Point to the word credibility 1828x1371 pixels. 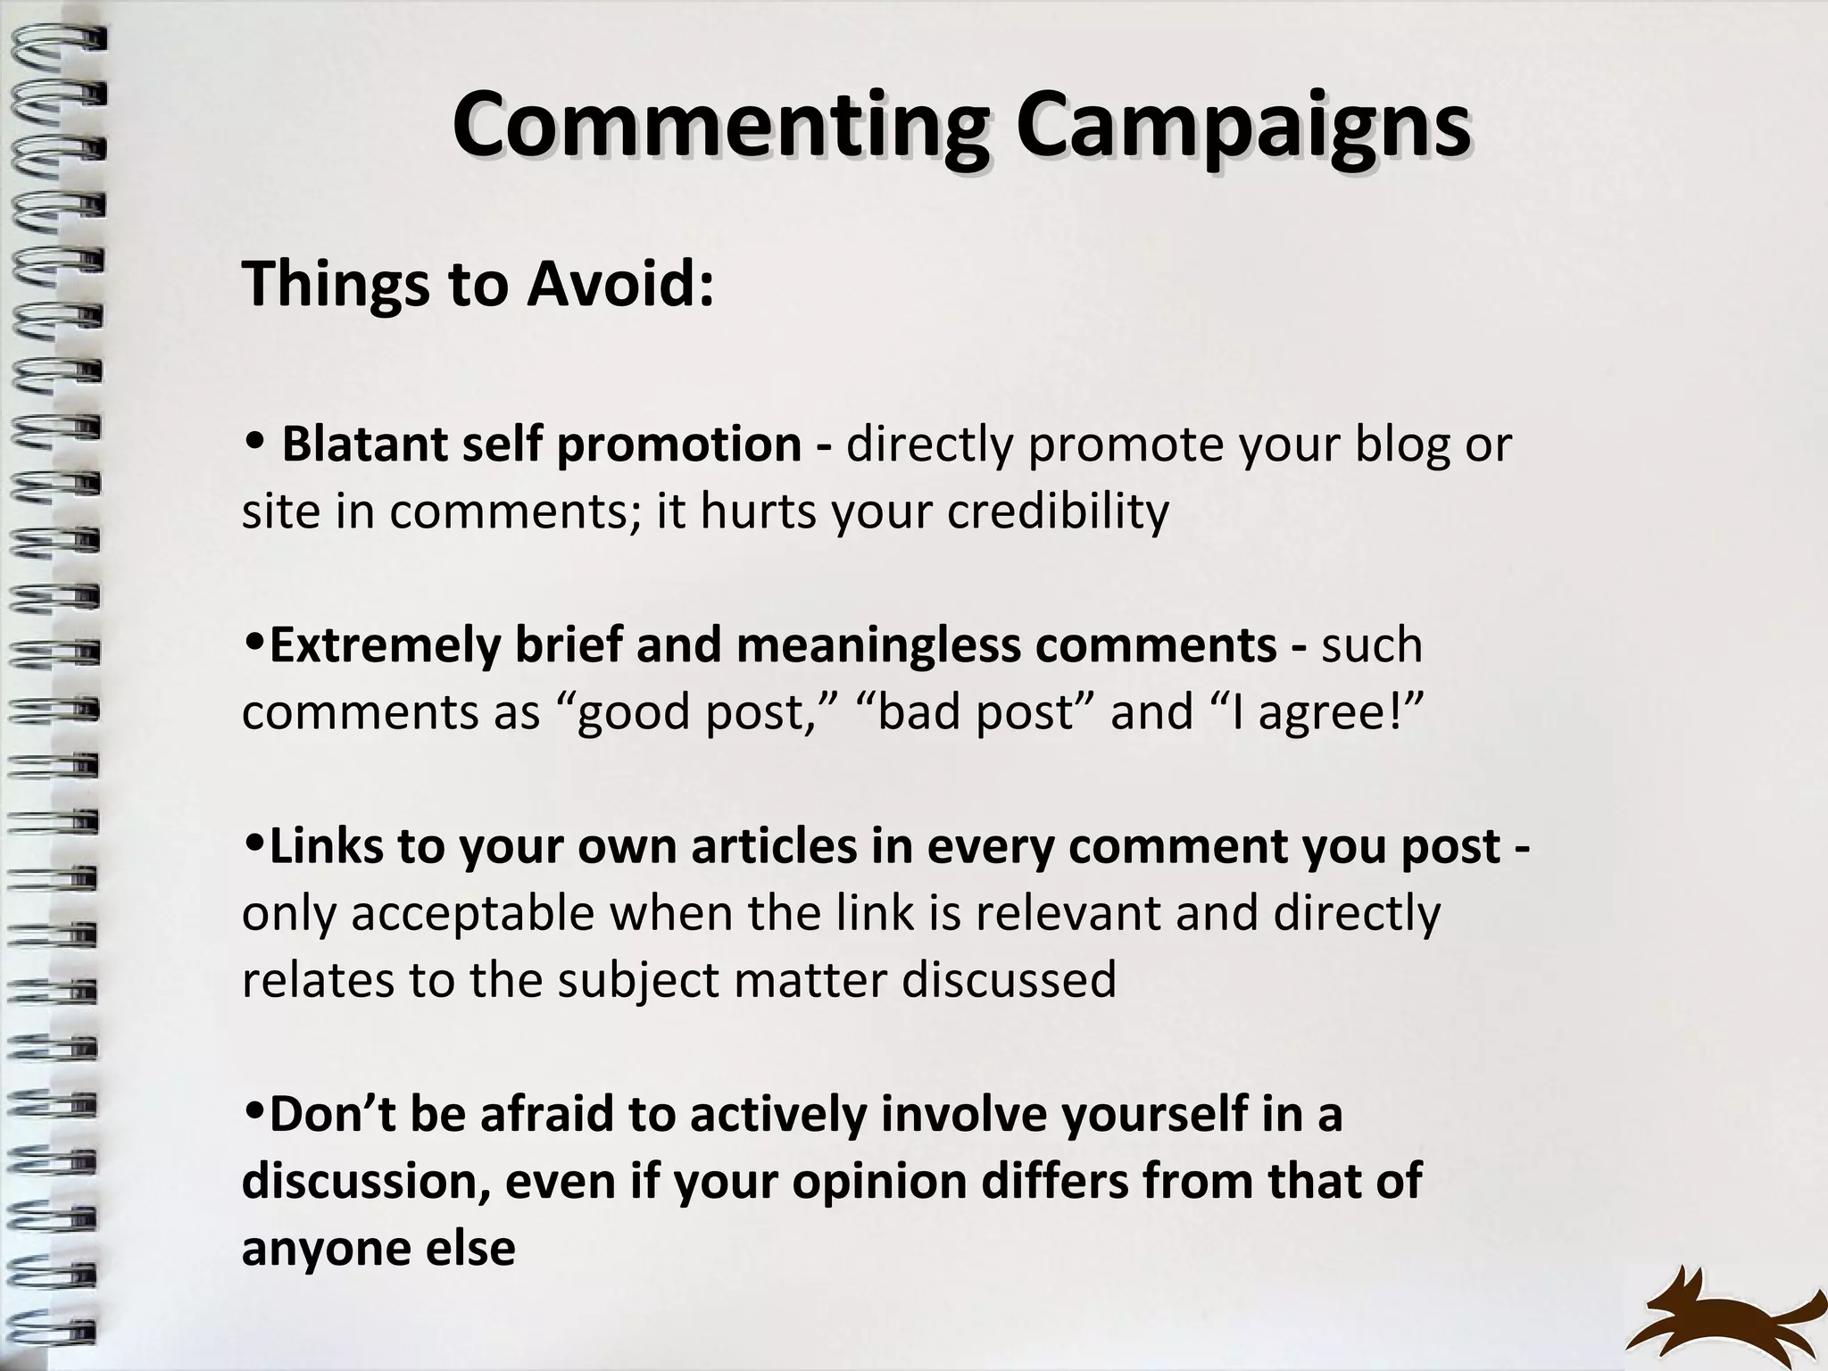(1058, 511)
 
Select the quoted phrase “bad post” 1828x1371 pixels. (976, 712)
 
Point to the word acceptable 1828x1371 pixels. (499, 913)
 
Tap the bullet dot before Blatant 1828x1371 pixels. (254, 440)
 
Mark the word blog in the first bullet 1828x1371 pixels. (1401, 445)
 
